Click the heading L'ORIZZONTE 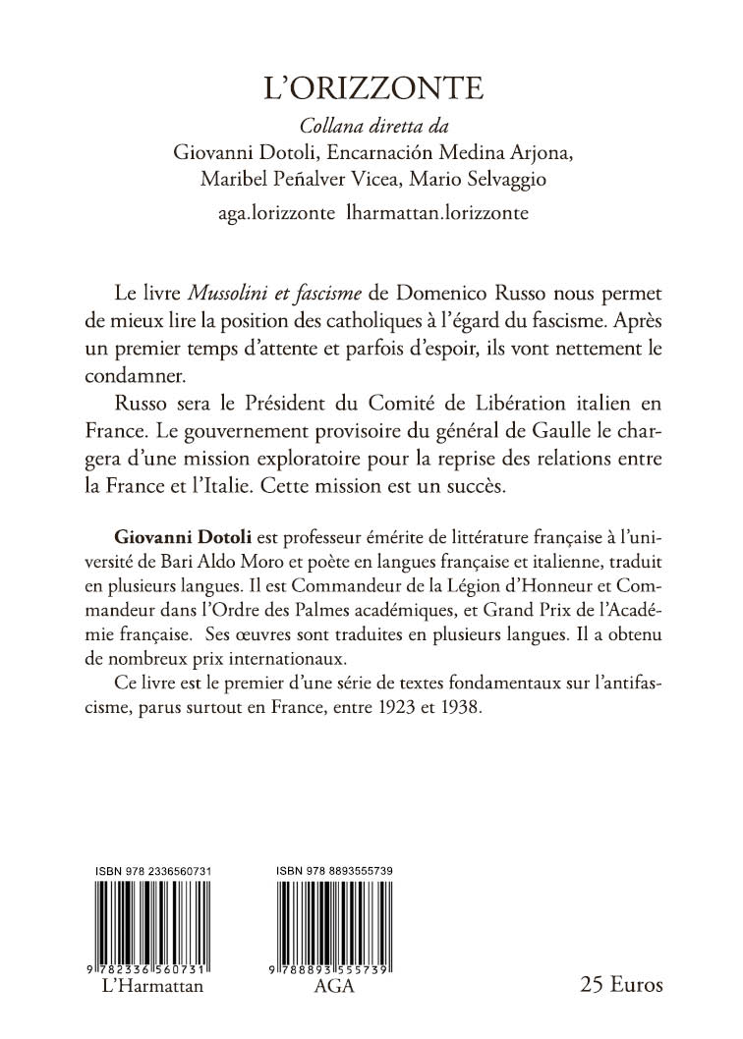[x=371, y=89]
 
